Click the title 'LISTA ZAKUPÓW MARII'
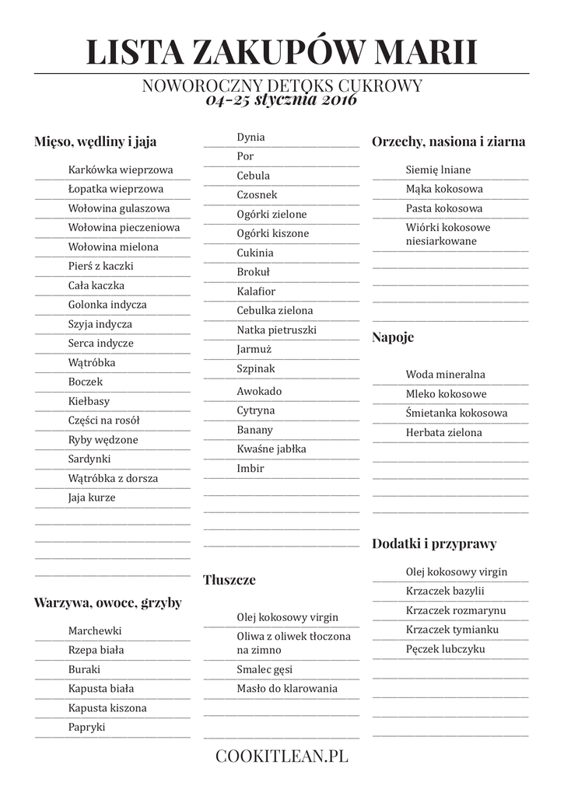point(282,51)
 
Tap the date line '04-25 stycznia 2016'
point(282,100)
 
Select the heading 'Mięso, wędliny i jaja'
point(95,141)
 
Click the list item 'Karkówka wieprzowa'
point(121,169)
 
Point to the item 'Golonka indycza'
point(107,305)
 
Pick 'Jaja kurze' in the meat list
point(92,497)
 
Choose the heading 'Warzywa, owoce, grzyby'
point(107,602)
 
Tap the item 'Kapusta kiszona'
point(107,708)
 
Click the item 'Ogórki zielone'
point(271,214)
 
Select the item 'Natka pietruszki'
point(277,330)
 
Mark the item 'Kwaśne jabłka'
point(271,449)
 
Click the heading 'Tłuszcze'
point(229,580)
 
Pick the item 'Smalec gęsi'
point(264,669)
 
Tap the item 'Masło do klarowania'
point(287,688)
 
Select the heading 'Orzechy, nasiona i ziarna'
point(448,141)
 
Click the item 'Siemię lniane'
point(438,169)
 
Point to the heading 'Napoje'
point(393,337)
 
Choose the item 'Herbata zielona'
point(443,432)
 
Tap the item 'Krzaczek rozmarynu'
point(455,610)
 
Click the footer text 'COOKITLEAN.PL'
point(282,755)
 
